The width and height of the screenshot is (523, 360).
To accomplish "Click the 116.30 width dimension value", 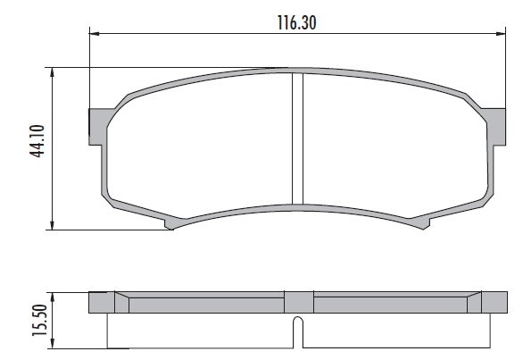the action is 297,22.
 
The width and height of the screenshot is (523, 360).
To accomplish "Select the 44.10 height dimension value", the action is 37,140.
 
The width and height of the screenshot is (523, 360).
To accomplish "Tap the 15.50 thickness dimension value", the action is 39,321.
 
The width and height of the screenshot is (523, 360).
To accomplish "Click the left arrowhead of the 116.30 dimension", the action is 95,33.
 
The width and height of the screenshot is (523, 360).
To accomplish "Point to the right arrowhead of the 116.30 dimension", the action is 501,33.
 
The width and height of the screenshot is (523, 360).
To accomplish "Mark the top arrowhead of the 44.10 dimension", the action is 52,72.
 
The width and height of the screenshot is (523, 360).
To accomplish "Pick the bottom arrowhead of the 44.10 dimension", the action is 52,225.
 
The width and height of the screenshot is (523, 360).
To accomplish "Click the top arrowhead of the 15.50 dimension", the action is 52,297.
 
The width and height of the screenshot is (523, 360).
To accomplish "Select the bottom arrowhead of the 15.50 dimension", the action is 52,343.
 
